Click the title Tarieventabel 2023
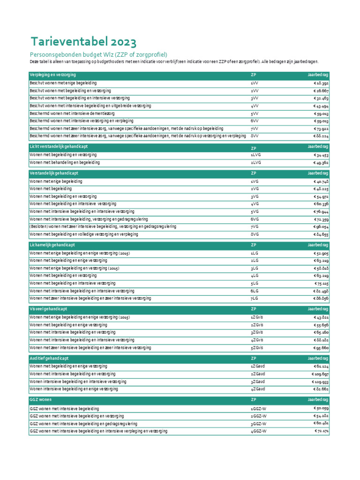click(83, 42)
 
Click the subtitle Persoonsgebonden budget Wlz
click(98, 54)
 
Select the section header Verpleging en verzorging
click(53, 75)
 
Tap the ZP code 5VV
click(255, 113)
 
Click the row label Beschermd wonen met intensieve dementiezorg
click(73, 113)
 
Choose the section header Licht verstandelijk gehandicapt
click(59, 147)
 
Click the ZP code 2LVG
click(256, 163)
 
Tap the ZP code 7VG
click(255, 226)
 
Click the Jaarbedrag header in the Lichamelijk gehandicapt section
click(318, 245)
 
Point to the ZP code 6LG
click(255, 291)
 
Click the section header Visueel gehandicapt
click(48, 309)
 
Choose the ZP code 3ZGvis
click(257, 332)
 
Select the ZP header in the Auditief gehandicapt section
click(254, 358)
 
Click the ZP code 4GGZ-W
click(259, 431)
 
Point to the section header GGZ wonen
click(41, 400)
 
